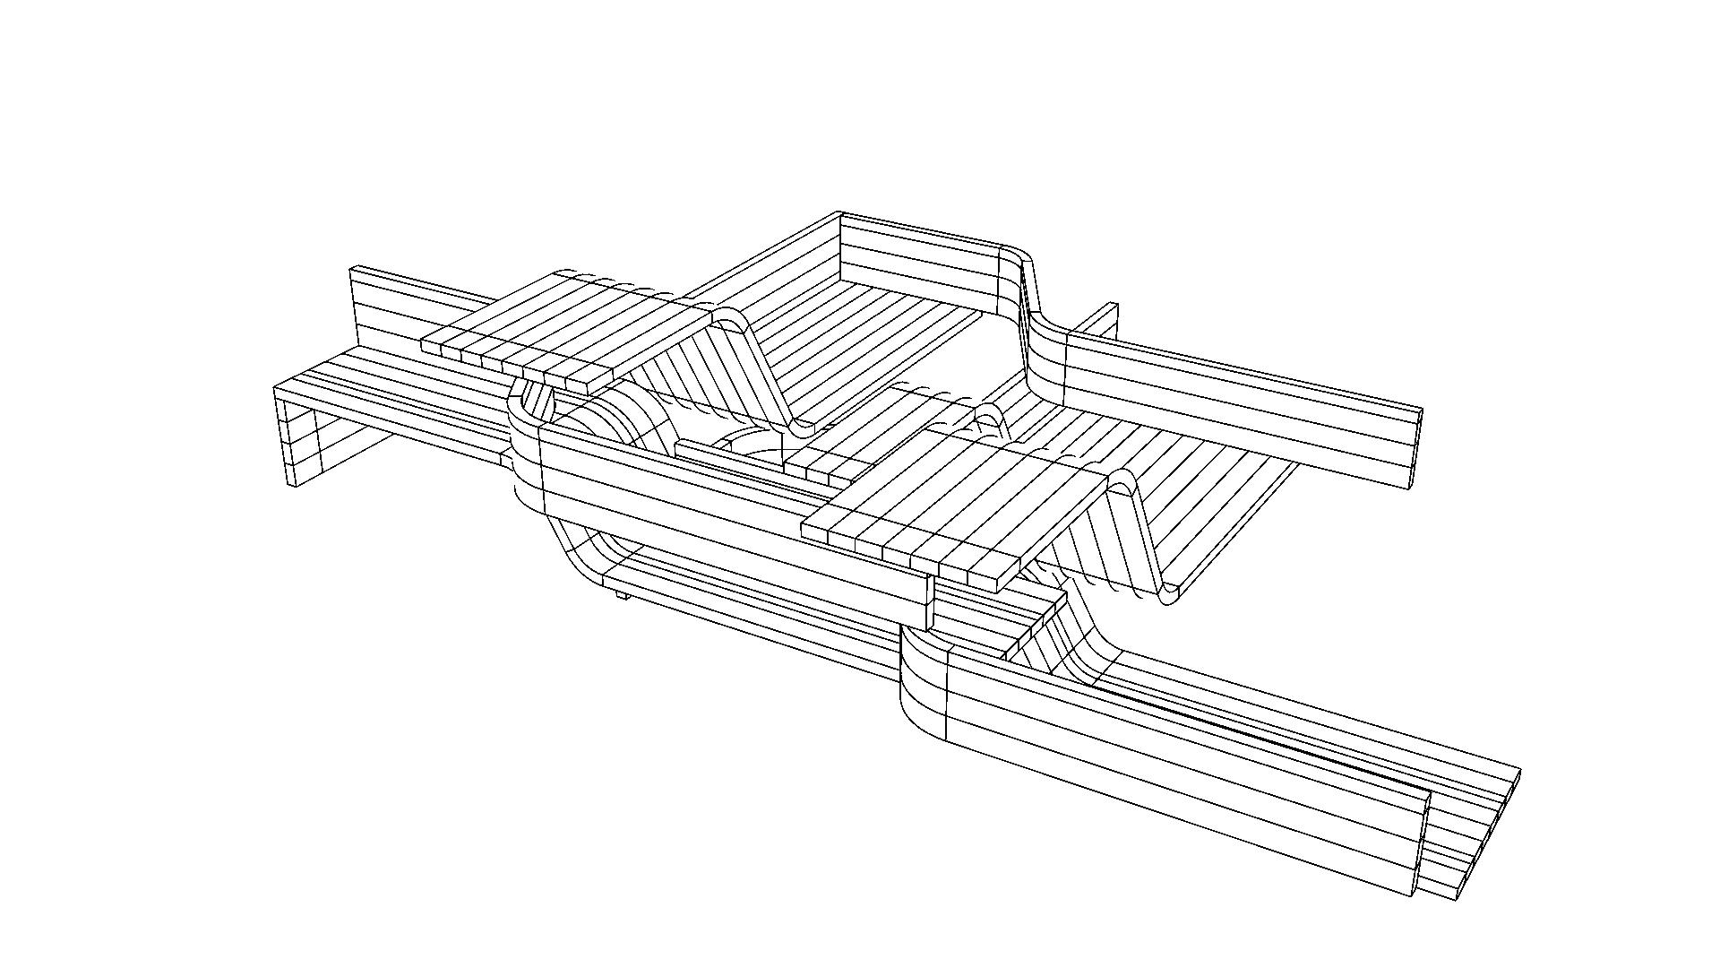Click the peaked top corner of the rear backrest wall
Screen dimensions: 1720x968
pos(839,215)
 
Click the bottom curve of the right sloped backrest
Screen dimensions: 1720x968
pos(1169,593)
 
